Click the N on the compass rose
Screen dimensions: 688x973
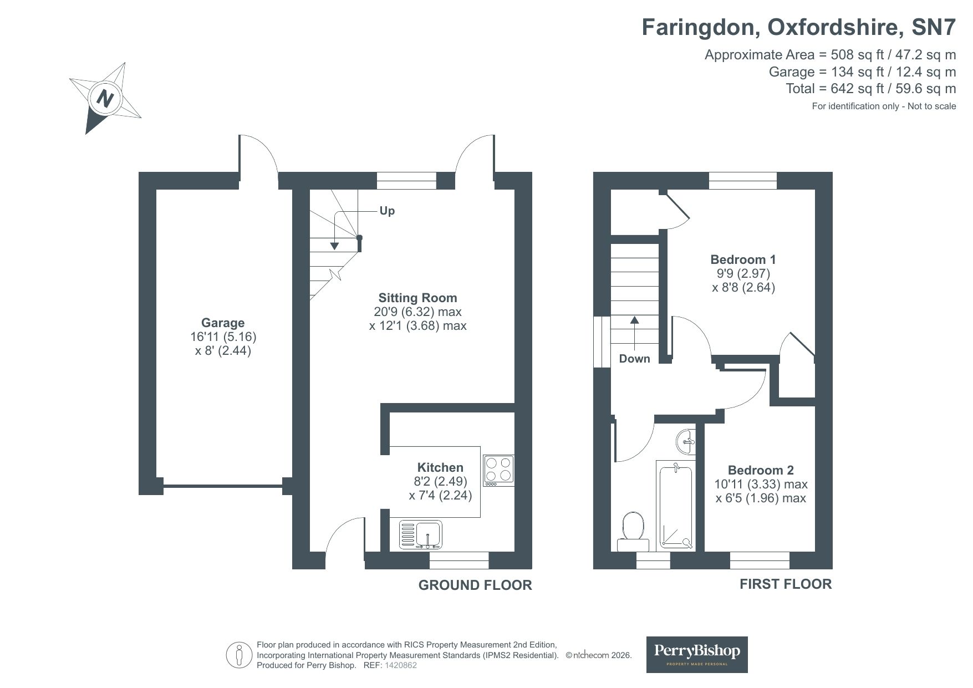click(105, 99)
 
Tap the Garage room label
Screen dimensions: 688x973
click(223, 323)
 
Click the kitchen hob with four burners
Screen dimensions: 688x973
click(498, 470)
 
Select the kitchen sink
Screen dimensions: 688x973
click(420, 534)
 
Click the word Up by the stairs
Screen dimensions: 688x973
click(387, 211)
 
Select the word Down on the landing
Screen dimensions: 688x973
click(634, 359)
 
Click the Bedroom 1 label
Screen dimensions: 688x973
click(743, 259)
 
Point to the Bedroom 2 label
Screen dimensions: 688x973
click(761, 470)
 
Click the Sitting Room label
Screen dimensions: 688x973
click(417, 298)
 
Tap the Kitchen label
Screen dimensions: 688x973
click(440, 467)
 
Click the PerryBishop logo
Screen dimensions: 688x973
click(697, 654)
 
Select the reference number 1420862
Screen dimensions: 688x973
click(400, 665)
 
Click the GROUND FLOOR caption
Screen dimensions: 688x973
click(475, 585)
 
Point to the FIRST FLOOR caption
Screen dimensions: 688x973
click(785, 584)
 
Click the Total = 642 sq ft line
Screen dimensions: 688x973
click(870, 89)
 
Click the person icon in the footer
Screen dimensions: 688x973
click(240, 655)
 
